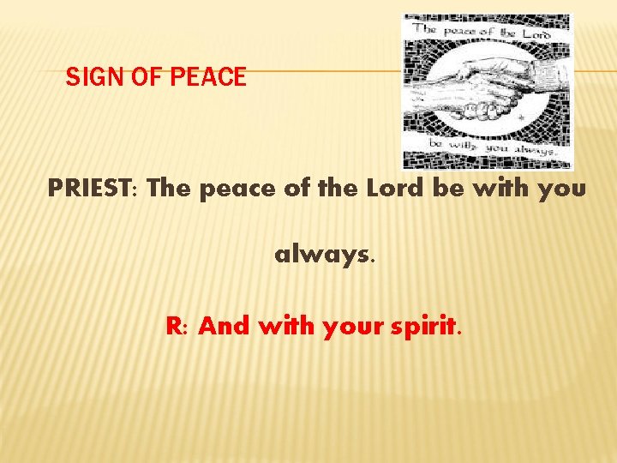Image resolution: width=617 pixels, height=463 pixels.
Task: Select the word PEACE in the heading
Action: tap(208, 78)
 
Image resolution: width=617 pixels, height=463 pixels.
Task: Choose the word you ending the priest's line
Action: tap(562, 189)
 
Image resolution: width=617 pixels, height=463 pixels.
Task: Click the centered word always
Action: tap(324, 256)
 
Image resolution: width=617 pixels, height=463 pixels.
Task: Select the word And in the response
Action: tap(225, 326)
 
